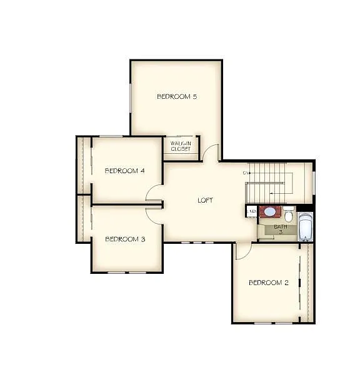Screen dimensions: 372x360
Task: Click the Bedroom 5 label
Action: (177, 96)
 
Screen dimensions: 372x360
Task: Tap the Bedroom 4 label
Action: (125, 171)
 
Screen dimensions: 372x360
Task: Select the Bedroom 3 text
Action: (125, 239)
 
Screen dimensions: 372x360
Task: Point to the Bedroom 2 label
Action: (269, 283)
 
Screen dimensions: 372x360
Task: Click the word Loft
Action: (205, 200)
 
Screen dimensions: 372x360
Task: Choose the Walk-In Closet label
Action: (181, 146)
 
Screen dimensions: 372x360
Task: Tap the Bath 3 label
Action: (281, 229)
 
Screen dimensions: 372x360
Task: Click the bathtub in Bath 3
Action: (305, 227)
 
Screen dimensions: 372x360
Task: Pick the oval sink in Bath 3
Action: (270, 211)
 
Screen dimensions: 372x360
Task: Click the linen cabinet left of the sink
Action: (252, 211)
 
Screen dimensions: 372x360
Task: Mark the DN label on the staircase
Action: (246, 173)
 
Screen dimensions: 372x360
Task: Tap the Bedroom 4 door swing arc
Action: (154, 193)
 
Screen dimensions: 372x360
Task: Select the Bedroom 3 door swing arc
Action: (154, 216)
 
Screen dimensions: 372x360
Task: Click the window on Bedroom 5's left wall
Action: (131, 98)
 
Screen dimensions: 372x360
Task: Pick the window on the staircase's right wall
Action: (314, 179)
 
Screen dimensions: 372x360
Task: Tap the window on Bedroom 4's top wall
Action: (111, 136)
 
